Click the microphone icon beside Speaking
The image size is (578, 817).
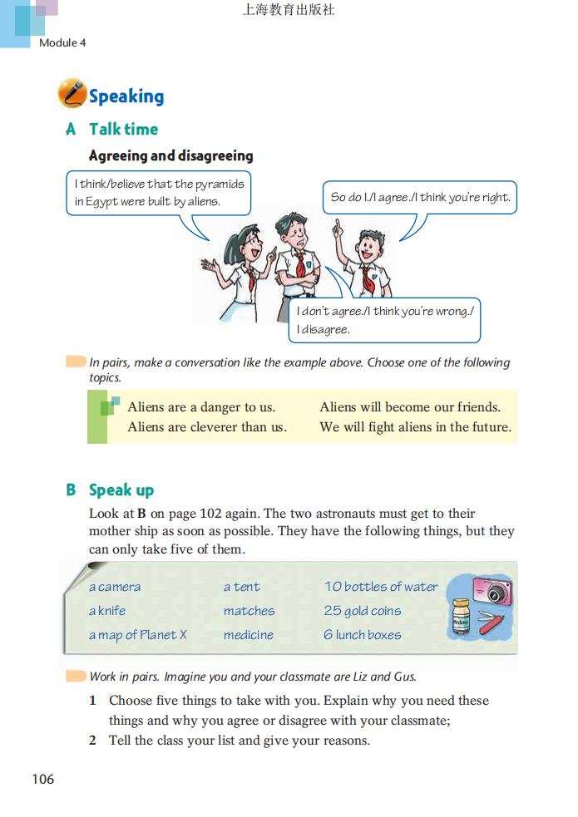coord(72,94)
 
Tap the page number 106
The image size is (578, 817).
coord(42,779)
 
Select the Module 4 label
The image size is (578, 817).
coord(62,42)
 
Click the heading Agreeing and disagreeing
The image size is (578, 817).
coord(170,155)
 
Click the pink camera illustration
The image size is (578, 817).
coord(492,592)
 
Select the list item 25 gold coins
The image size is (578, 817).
coord(362,611)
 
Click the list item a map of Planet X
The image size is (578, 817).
coord(138,635)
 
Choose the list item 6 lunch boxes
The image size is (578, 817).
coord(362,635)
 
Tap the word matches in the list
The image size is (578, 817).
coord(249,611)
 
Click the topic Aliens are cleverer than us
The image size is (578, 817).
coord(207,427)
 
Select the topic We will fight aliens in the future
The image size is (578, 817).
coord(415,427)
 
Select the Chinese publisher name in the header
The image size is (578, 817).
coord(288,11)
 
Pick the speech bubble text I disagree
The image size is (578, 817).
coord(324,329)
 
